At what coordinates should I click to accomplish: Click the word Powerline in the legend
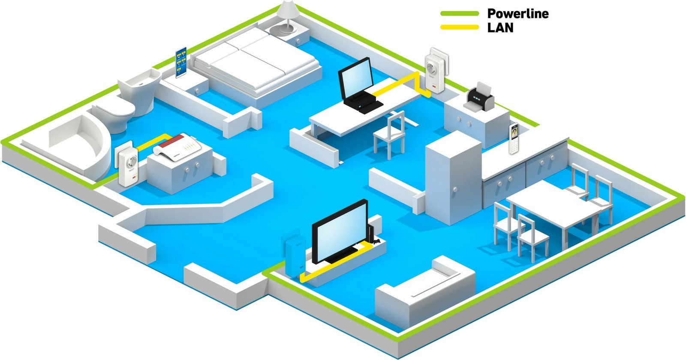click(x=518, y=14)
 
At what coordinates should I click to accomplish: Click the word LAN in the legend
click(x=500, y=27)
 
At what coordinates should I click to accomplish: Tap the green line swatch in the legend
click(x=459, y=14)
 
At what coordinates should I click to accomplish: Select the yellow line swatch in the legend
click(x=459, y=27)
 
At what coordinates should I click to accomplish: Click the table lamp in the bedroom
click(x=286, y=17)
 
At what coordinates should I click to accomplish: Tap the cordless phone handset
click(x=513, y=138)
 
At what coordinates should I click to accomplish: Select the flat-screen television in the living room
click(x=340, y=232)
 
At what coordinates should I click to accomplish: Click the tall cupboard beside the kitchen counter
click(x=453, y=178)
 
